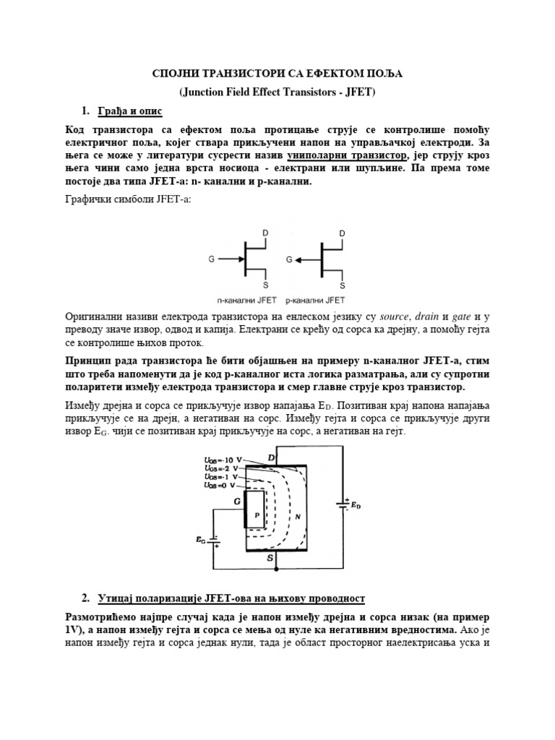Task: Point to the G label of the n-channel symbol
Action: pyautogui.click(x=212, y=258)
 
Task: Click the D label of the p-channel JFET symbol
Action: pyautogui.click(x=342, y=233)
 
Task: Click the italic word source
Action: pyautogui.click(x=393, y=317)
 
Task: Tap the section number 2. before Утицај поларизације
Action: pyautogui.click(x=85, y=598)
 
